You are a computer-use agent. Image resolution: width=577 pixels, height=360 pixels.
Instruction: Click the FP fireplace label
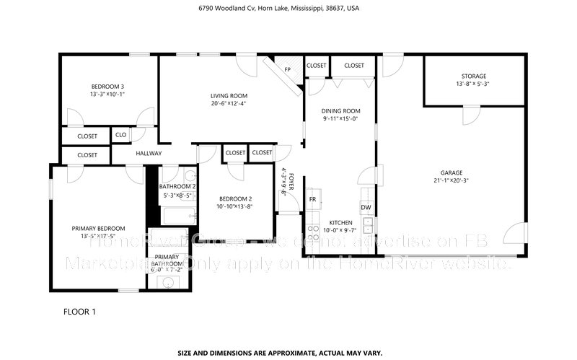[287, 70]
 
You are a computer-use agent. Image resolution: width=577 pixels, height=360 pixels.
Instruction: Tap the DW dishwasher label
[366, 207]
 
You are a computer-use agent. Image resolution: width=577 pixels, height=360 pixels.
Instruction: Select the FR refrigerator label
[313, 199]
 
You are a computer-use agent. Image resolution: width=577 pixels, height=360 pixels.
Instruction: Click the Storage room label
[474, 76]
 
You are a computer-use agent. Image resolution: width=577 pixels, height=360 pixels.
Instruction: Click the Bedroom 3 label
[107, 87]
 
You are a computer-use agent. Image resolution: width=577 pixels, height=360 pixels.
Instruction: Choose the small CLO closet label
[120, 135]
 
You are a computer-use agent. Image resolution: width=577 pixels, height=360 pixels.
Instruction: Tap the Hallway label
[149, 154]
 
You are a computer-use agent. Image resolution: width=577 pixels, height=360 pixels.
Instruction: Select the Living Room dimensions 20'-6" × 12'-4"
[229, 104]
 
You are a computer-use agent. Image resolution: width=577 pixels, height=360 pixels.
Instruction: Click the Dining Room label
[340, 110]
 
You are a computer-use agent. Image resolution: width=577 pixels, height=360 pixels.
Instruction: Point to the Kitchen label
[340, 222]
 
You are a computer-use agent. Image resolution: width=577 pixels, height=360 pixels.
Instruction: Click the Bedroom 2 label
[235, 198]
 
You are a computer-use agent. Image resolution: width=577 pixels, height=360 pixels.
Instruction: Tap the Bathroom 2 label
[177, 186]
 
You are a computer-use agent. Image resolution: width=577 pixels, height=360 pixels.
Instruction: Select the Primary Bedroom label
[98, 228]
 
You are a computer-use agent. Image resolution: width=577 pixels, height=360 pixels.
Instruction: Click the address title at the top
[288, 9]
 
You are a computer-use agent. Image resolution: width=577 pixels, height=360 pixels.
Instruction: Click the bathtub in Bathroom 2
[177, 216]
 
